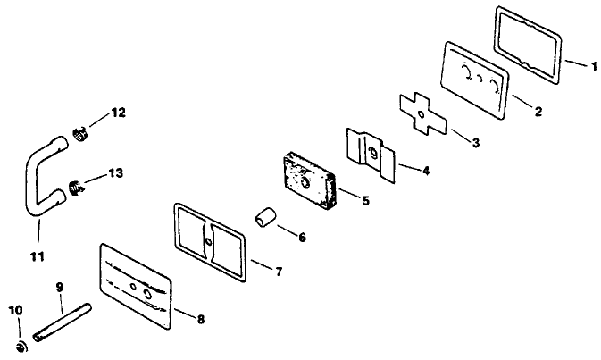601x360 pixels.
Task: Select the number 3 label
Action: tap(474, 142)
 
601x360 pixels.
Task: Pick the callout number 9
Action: tap(59, 288)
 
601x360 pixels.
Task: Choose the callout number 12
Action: tap(118, 113)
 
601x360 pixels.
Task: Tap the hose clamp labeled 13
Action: tap(77, 188)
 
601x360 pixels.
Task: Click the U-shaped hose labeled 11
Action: tap(36, 178)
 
